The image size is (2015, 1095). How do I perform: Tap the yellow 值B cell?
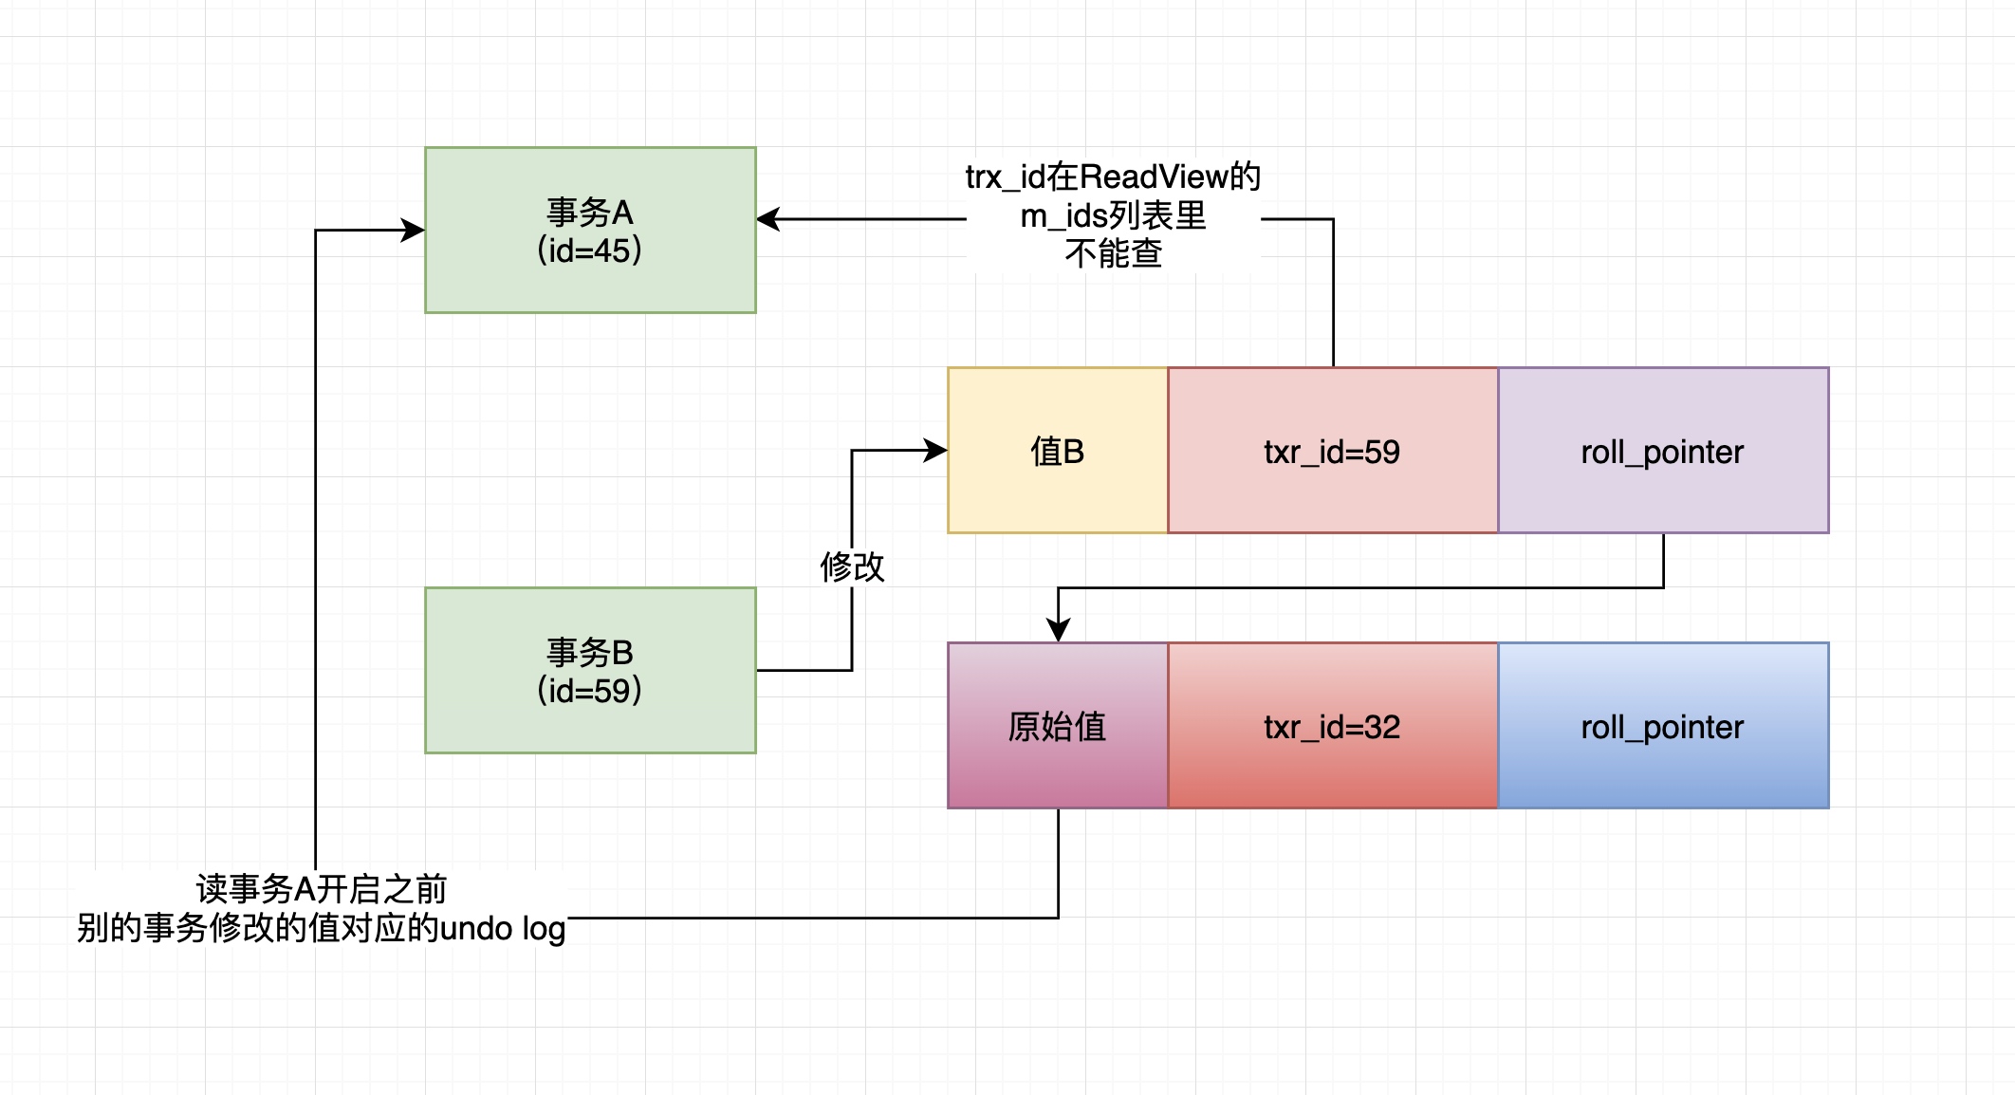point(1057,452)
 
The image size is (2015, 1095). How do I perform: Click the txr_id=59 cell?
point(1332,452)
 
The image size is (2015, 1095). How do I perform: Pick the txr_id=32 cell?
point(1332,727)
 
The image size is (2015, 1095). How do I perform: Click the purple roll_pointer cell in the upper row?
point(1662,452)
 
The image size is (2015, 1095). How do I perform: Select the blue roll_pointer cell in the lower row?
point(1662,727)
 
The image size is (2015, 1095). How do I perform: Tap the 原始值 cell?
point(1057,727)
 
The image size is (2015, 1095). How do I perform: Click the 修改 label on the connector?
point(852,567)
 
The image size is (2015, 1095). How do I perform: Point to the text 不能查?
point(1114,254)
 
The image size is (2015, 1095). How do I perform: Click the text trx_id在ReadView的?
point(1114,176)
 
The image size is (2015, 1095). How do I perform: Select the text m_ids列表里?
point(1114,216)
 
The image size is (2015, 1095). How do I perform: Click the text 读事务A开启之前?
point(322,889)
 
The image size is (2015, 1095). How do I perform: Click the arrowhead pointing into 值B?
point(937,451)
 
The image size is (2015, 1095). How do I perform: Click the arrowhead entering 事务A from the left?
point(414,230)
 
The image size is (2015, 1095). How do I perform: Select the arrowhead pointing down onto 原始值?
point(1059,630)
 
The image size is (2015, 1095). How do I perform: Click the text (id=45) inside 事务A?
point(589,251)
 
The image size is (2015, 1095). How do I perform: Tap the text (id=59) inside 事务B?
point(589,691)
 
